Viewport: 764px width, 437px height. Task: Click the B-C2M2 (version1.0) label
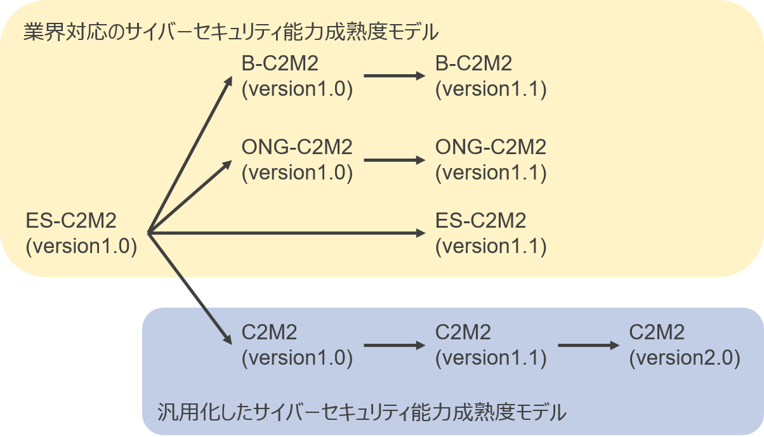(x=297, y=76)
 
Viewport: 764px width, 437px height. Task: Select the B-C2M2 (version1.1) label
(x=491, y=76)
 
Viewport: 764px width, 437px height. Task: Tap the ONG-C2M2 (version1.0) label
(x=297, y=160)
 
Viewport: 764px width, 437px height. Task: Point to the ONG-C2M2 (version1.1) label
(x=491, y=160)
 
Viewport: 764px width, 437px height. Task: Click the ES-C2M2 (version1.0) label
(x=81, y=233)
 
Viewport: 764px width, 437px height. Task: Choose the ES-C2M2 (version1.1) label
(x=491, y=233)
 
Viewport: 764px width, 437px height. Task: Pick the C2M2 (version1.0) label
(x=297, y=345)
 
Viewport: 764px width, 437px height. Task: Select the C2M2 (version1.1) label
(x=491, y=345)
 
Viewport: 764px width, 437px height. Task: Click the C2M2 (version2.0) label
(x=684, y=345)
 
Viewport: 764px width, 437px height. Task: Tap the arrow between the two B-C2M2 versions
(x=393, y=76)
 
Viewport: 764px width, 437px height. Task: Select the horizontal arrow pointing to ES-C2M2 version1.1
(x=286, y=233)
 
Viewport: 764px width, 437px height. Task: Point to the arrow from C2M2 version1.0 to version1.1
(x=393, y=346)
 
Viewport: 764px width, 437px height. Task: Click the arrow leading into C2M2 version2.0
(x=587, y=346)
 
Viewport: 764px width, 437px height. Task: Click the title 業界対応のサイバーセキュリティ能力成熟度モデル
(x=232, y=32)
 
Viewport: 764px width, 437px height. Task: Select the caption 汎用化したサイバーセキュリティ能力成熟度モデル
(x=361, y=413)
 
